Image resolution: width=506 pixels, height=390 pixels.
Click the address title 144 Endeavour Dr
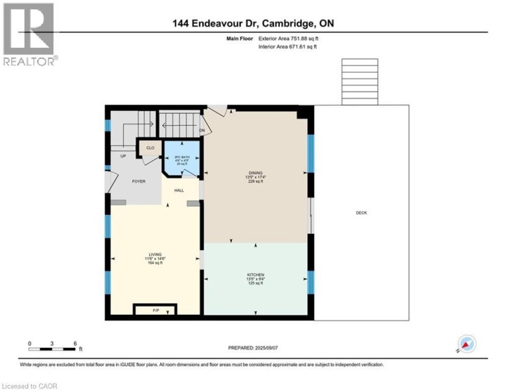point(253,23)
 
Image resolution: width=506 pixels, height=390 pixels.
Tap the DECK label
point(361,213)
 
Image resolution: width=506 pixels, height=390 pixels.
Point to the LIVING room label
point(155,254)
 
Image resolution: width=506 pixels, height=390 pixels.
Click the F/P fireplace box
point(155,309)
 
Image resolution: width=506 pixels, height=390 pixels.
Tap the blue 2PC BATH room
point(182,159)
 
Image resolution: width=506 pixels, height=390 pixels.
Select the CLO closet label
point(150,148)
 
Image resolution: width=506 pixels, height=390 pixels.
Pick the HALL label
point(179,190)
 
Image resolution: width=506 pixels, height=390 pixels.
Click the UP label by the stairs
point(123,156)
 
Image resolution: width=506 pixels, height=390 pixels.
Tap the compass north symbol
point(467,344)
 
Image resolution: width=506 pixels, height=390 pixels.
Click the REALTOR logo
point(29,34)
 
